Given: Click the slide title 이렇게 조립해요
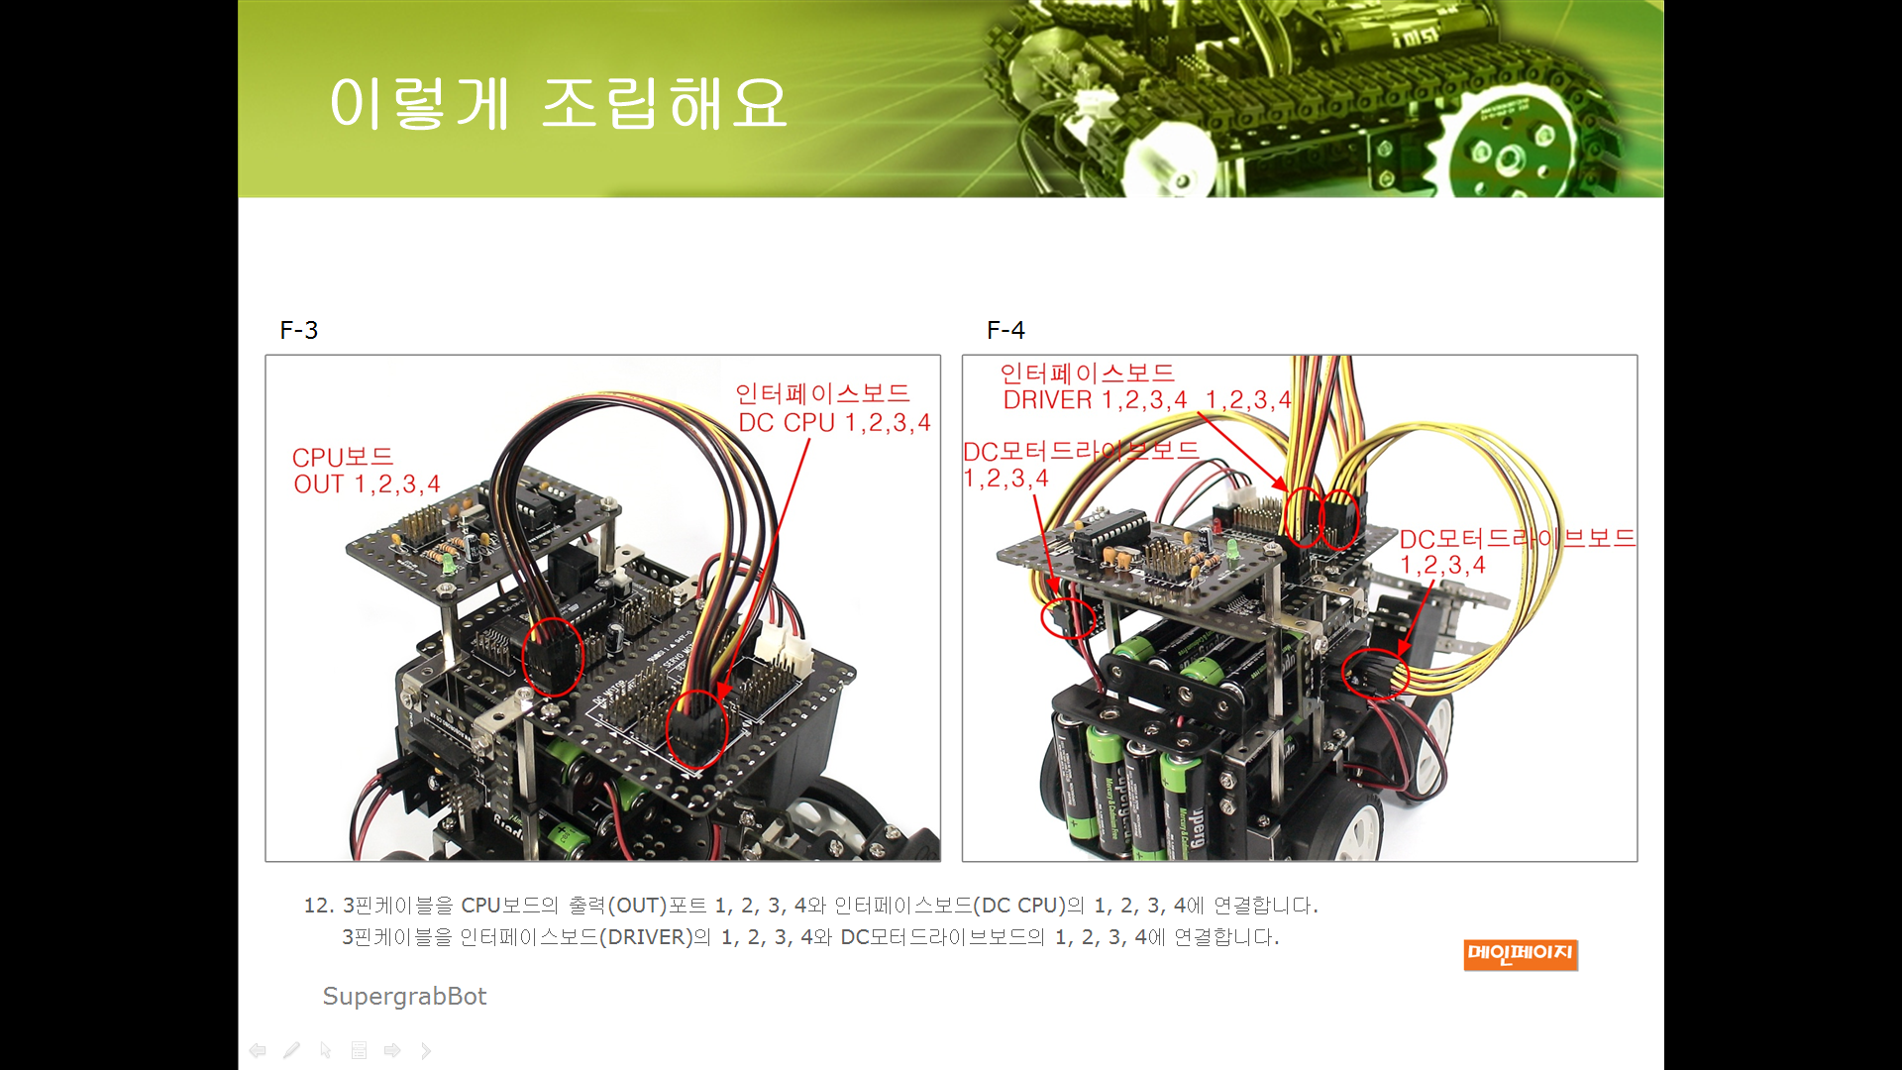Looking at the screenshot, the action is (x=559, y=103).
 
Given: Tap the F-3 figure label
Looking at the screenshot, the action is (x=299, y=330).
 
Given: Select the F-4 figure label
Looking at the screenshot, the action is (x=1005, y=330).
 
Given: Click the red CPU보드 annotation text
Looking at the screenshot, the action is (x=343, y=457).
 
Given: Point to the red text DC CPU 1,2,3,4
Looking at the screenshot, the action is (x=834, y=423).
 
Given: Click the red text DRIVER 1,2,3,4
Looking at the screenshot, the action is (x=1095, y=400).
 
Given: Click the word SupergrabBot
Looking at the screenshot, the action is (x=404, y=997).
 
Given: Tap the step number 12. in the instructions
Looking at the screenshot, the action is (x=319, y=906).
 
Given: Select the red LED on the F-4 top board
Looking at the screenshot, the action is (x=1216, y=523).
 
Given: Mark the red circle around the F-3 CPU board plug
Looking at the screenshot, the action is (x=553, y=656).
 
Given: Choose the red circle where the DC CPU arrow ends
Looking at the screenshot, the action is (x=697, y=730).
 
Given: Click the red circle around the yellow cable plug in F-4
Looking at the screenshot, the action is (x=1376, y=675).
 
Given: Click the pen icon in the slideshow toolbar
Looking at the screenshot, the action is (x=291, y=1050).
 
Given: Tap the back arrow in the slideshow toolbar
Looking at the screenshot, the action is (x=258, y=1050).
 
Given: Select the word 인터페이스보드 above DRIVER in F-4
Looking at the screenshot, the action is (x=1087, y=374).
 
